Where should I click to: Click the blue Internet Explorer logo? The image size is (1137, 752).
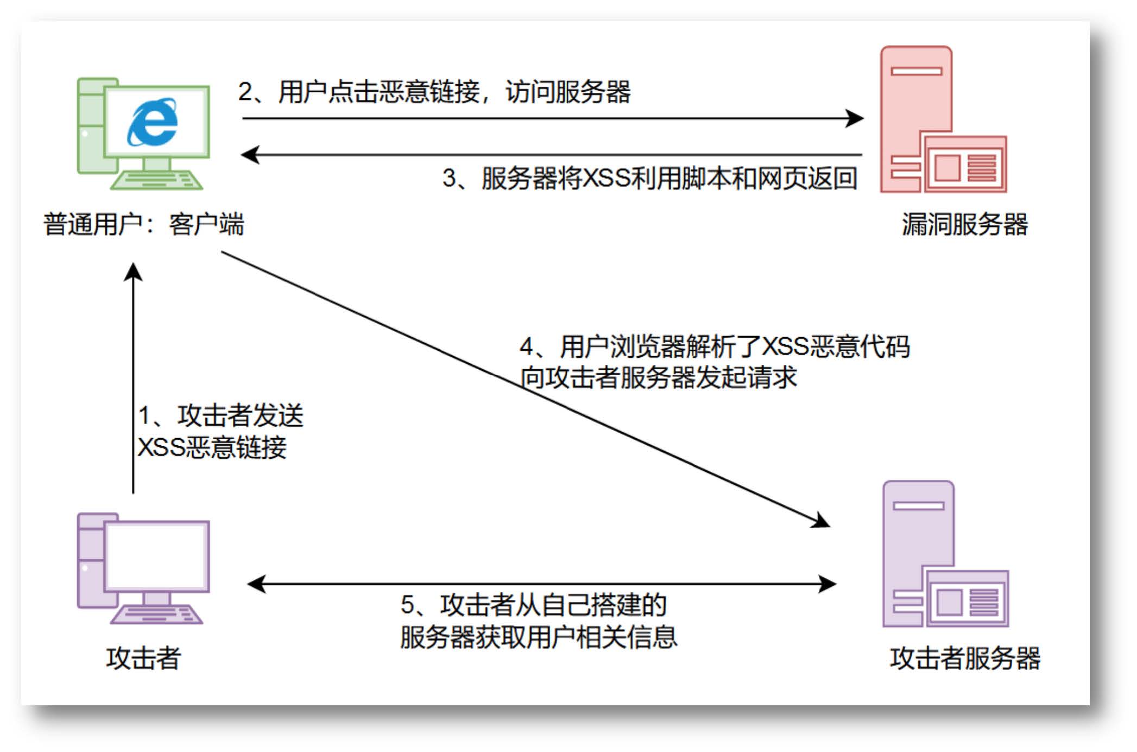click(153, 122)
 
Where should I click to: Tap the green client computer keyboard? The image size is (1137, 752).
click(156, 180)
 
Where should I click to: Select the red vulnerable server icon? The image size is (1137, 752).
click(943, 121)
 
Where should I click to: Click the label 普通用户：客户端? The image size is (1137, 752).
click(144, 224)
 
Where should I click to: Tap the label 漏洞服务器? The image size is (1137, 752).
click(965, 224)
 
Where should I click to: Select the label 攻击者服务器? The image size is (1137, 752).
click(965, 658)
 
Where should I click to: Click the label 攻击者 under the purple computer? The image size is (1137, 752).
click(143, 658)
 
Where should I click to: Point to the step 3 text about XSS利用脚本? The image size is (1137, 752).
click(668, 179)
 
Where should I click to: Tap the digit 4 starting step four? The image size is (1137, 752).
click(526, 347)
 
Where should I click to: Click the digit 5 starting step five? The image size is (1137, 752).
click(407, 605)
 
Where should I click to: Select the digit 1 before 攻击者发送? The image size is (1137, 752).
click(144, 416)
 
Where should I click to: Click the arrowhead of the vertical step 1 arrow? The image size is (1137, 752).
click(133, 271)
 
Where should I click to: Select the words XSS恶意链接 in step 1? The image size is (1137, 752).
click(212, 448)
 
